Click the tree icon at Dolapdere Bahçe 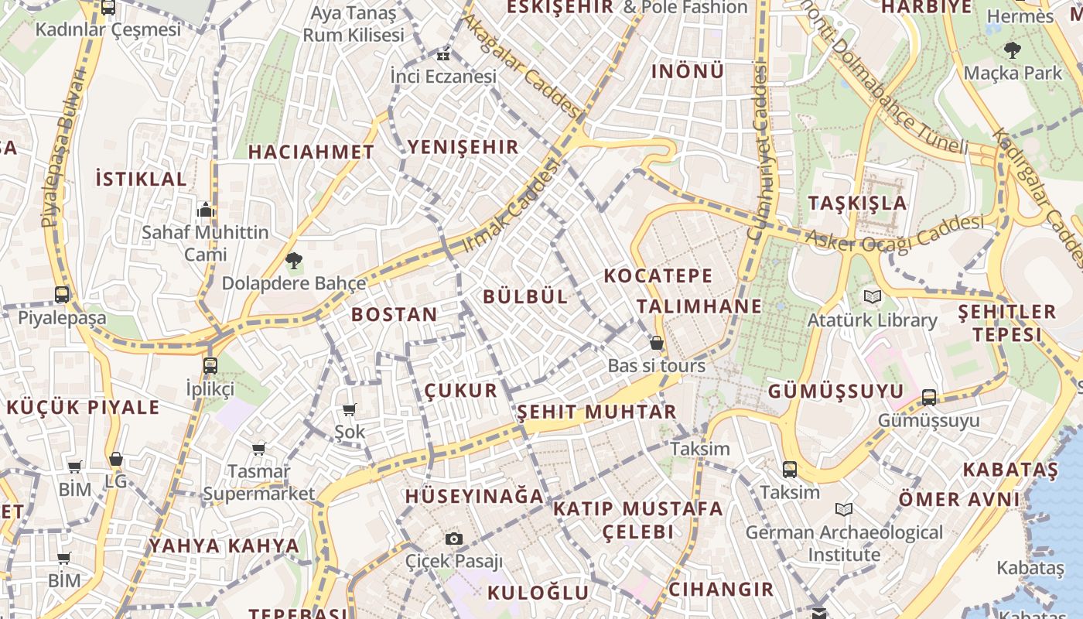coord(293,261)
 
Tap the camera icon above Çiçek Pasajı coord(454,539)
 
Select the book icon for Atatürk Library coord(872,296)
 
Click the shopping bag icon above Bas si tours coord(657,343)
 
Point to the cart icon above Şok coord(349,409)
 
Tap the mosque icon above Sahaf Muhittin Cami coord(205,210)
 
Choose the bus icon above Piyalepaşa coord(62,295)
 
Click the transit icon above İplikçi coord(210,366)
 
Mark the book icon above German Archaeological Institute coord(844,510)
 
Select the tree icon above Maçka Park coord(1012,51)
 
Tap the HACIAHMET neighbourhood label coord(311,152)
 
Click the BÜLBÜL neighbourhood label coord(525,296)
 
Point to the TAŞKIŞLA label coord(857,203)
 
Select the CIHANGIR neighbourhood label coord(721,589)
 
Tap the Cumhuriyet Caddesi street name coord(759,151)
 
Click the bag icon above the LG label coord(116,460)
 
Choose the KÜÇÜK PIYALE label coord(83,408)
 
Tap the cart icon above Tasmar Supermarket coord(259,449)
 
